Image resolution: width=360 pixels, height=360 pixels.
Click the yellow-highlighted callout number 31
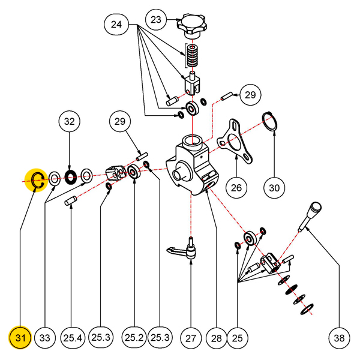[20, 338]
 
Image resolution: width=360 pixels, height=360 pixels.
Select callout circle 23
[156, 20]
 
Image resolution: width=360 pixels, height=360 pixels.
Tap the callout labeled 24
[116, 25]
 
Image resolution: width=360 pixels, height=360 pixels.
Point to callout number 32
[70, 122]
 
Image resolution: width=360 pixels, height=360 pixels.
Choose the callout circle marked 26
[236, 188]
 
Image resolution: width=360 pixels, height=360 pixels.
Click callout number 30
[274, 188]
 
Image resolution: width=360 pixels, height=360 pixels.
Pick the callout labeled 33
[45, 338]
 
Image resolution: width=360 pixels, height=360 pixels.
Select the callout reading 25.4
[71, 338]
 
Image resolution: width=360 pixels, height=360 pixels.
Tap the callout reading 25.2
[133, 338]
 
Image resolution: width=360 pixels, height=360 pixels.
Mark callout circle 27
[190, 338]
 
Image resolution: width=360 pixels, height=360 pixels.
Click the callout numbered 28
[216, 338]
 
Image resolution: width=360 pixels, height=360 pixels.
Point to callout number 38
[340, 338]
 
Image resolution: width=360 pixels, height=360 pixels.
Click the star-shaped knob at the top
[191, 25]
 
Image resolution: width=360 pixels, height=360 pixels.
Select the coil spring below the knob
[191, 56]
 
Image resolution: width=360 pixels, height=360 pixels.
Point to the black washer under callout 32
[70, 176]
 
